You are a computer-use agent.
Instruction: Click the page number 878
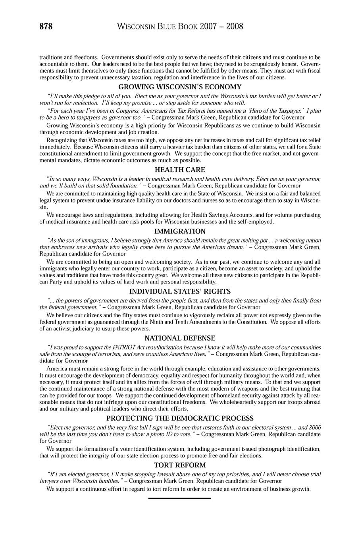(x=46, y=27)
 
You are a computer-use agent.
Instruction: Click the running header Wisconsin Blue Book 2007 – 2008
(x=180, y=27)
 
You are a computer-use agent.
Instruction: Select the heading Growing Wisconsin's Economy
(x=180, y=87)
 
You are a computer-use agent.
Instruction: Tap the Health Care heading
(x=180, y=170)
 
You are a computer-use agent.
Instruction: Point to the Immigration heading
(x=180, y=231)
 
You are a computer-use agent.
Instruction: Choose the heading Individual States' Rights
(x=180, y=291)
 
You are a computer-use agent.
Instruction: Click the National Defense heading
(x=180, y=338)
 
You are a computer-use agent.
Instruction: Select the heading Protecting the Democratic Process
(x=180, y=418)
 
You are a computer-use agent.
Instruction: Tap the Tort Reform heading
(x=180, y=465)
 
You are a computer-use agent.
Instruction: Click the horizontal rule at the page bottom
(x=179, y=498)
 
